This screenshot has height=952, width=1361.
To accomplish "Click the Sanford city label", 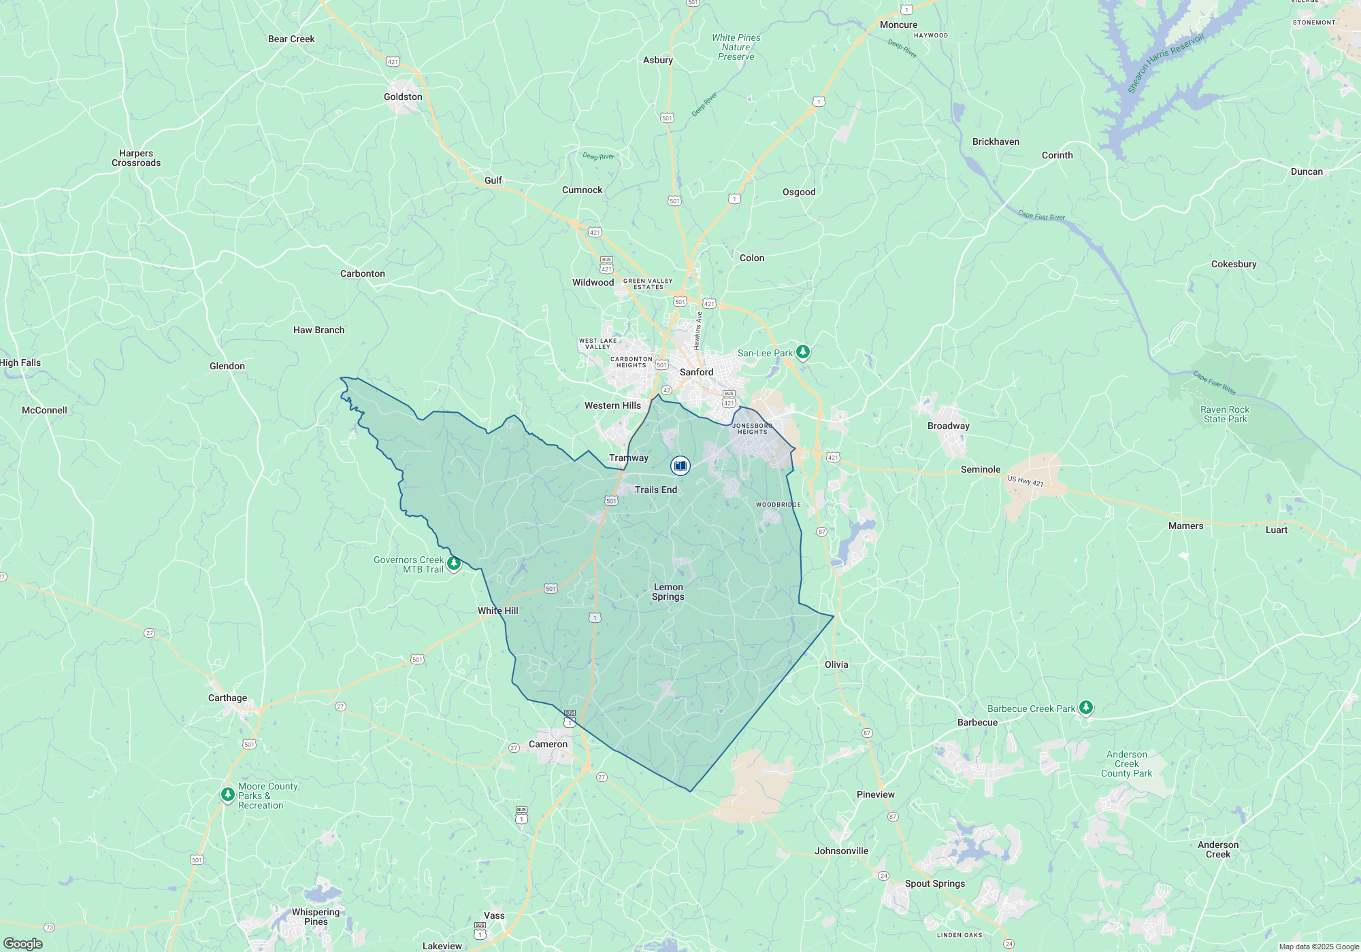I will [x=696, y=372].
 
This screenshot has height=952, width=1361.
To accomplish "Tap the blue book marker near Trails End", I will [x=680, y=465].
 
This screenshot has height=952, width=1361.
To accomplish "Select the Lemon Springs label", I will [x=668, y=592].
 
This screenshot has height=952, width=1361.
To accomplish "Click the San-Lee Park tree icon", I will [x=803, y=352].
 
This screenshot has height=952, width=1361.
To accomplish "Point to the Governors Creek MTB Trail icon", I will [x=454, y=563].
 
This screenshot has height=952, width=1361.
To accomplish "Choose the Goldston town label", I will [x=403, y=97].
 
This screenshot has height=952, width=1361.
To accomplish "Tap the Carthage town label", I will [x=227, y=698].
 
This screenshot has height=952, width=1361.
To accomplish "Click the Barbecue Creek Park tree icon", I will [x=1086, y=707].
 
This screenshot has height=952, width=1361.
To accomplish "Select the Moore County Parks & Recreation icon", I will [x=228, y=794].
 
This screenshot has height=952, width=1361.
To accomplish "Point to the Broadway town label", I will [x=948, y=426].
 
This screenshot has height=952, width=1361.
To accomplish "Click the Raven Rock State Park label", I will [x=1225, y=414].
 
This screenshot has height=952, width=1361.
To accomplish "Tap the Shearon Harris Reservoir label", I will [x=1165, y=63].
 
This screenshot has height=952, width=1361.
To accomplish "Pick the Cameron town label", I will [x=548, y=744].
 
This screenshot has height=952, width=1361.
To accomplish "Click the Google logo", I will [x=23, y=943].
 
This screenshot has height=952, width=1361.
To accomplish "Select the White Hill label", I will [x=497, y=611].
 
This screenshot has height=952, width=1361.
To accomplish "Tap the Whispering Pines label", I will [x=315, y=917].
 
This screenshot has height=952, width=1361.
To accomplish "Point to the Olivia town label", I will [x=836, y=664].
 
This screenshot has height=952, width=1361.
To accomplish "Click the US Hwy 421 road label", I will [x=1025, y=481].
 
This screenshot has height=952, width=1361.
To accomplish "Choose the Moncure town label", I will [x=898, y=24].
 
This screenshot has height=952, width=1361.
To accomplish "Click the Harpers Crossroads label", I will [x=136, y=158].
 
